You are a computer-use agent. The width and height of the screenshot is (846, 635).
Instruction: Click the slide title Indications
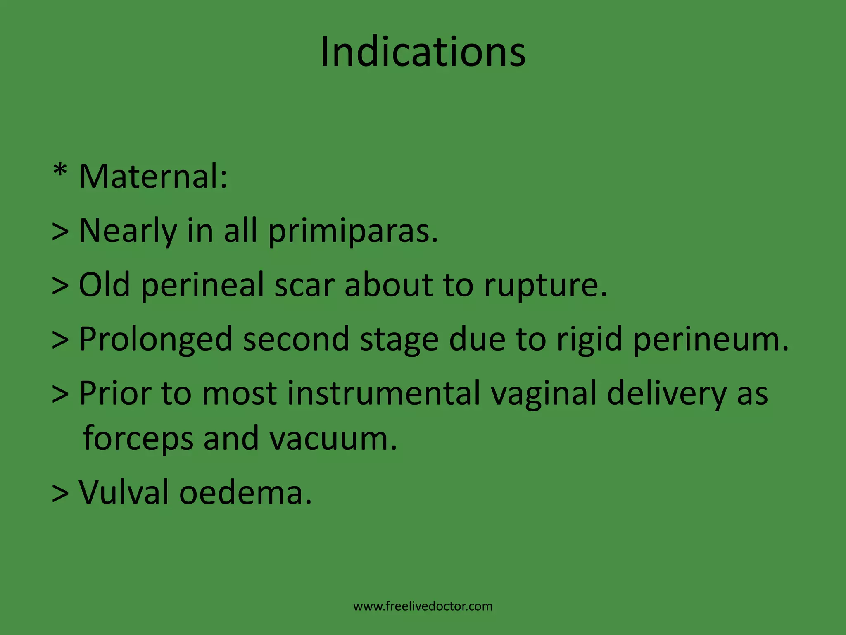[x=423, y=52]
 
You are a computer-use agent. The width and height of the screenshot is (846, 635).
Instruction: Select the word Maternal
[x=153, y=177]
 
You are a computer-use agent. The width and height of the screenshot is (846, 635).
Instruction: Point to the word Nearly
[x=127, y=231]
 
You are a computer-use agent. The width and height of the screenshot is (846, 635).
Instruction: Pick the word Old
[x=104, y=285]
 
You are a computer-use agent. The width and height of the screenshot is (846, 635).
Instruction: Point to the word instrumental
[x=384, y=393]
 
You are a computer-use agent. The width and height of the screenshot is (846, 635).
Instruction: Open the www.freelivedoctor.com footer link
[x=423, y=606]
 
